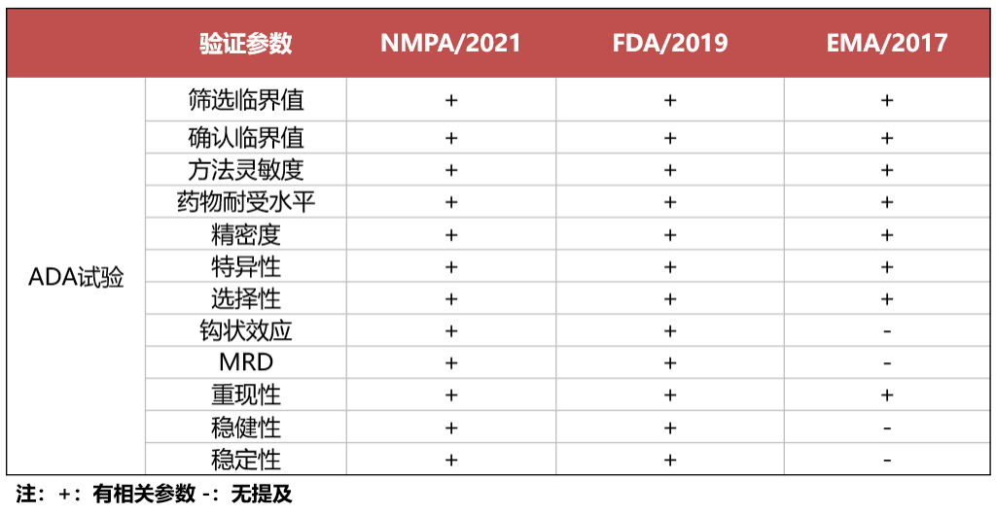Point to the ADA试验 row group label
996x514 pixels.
(76, 278)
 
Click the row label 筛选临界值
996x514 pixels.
(245, 100)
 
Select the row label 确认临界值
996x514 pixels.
(245, 138)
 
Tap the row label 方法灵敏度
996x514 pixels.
(245, 170)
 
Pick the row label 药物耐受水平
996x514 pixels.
(245, 202)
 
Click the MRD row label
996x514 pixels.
(245, 363)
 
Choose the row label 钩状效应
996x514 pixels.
(245, 331)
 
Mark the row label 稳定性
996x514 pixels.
(245, 459)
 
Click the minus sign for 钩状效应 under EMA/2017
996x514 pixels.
(887, 331)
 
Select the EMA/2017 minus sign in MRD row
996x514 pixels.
(887, 363)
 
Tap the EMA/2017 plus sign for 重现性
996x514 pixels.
(887, 395)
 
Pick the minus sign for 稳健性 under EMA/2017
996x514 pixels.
(887, 428)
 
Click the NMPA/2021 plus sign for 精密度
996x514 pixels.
(450, 234)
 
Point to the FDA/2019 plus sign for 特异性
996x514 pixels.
(670, 266)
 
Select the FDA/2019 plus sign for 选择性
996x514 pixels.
(670, 298)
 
